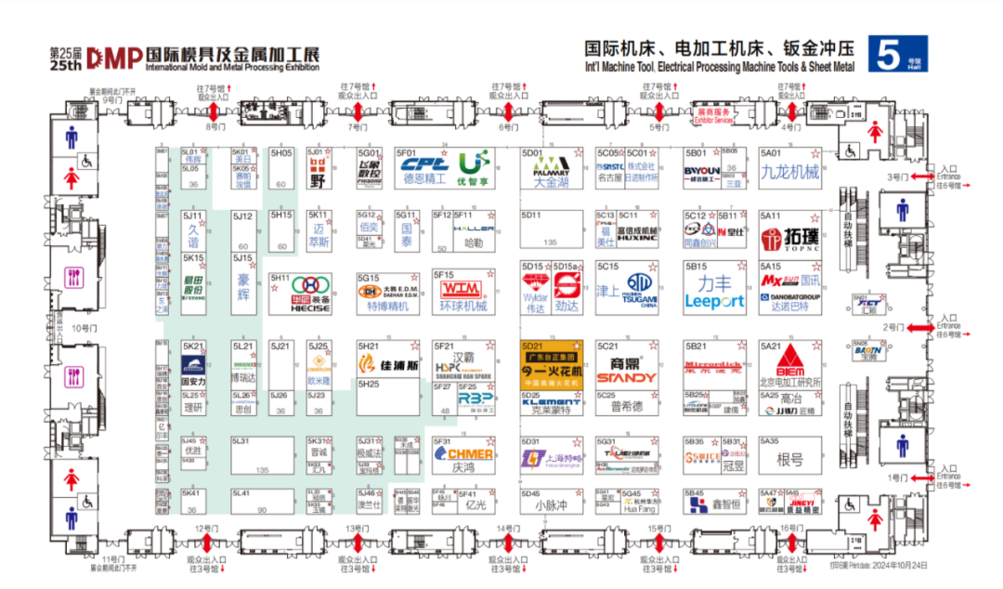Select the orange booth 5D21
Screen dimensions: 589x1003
click(551, 364)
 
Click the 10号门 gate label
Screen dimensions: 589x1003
click(84, 328)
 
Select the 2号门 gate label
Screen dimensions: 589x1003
click(892, 327)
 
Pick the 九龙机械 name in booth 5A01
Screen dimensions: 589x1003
click(789, 172)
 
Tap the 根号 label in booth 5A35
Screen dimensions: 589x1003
click(789, 461)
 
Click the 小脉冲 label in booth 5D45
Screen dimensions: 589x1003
click(551, 506)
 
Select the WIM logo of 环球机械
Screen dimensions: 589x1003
click(462, 289)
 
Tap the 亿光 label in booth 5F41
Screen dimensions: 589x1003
click(475, 505)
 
